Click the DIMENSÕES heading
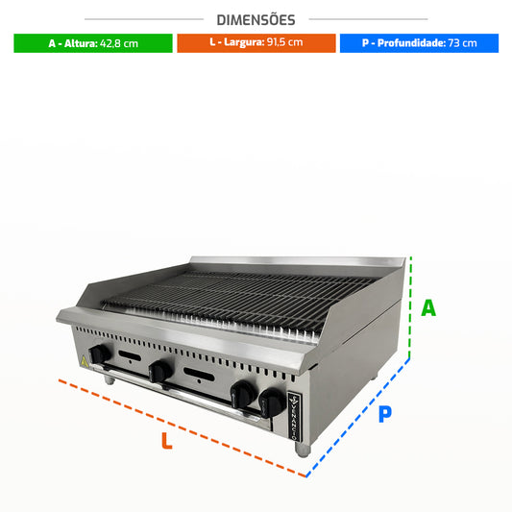(x=256, y=20)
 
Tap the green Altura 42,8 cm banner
(x=93, y=43)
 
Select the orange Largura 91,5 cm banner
(x=256, y=43)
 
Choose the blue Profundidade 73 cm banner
(x=419, y=43)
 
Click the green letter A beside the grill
(x=428, y=308)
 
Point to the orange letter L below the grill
(x=166, y=441)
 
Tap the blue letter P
(x=385, y=414)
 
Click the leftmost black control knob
(x=100, y=354)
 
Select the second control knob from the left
(x=160, y=372)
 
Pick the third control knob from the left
(x=244, y=394)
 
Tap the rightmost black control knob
(x=272, y=402)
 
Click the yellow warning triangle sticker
(x=84, y=361)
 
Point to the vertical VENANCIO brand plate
(x=294, y=417)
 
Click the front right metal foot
(x=303, y=450)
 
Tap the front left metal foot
(x=110, y=379)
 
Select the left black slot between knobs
(x=130, y=355)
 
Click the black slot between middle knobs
(x=199, y=375)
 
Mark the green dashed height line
(x=410, y=307)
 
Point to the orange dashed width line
(x=183, y=428)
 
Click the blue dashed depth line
(x=358, y=418)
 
